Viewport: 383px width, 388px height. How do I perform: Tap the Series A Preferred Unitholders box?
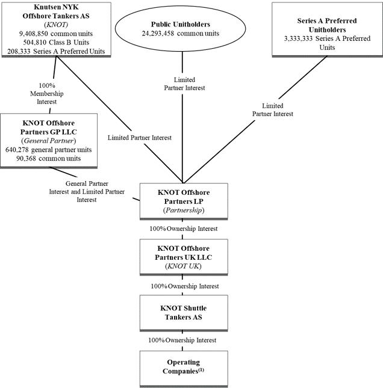(x=326, y=29)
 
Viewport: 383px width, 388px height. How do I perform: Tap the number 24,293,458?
(x=161, y=34)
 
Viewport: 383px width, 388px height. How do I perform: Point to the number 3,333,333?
(x=301, y=38)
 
